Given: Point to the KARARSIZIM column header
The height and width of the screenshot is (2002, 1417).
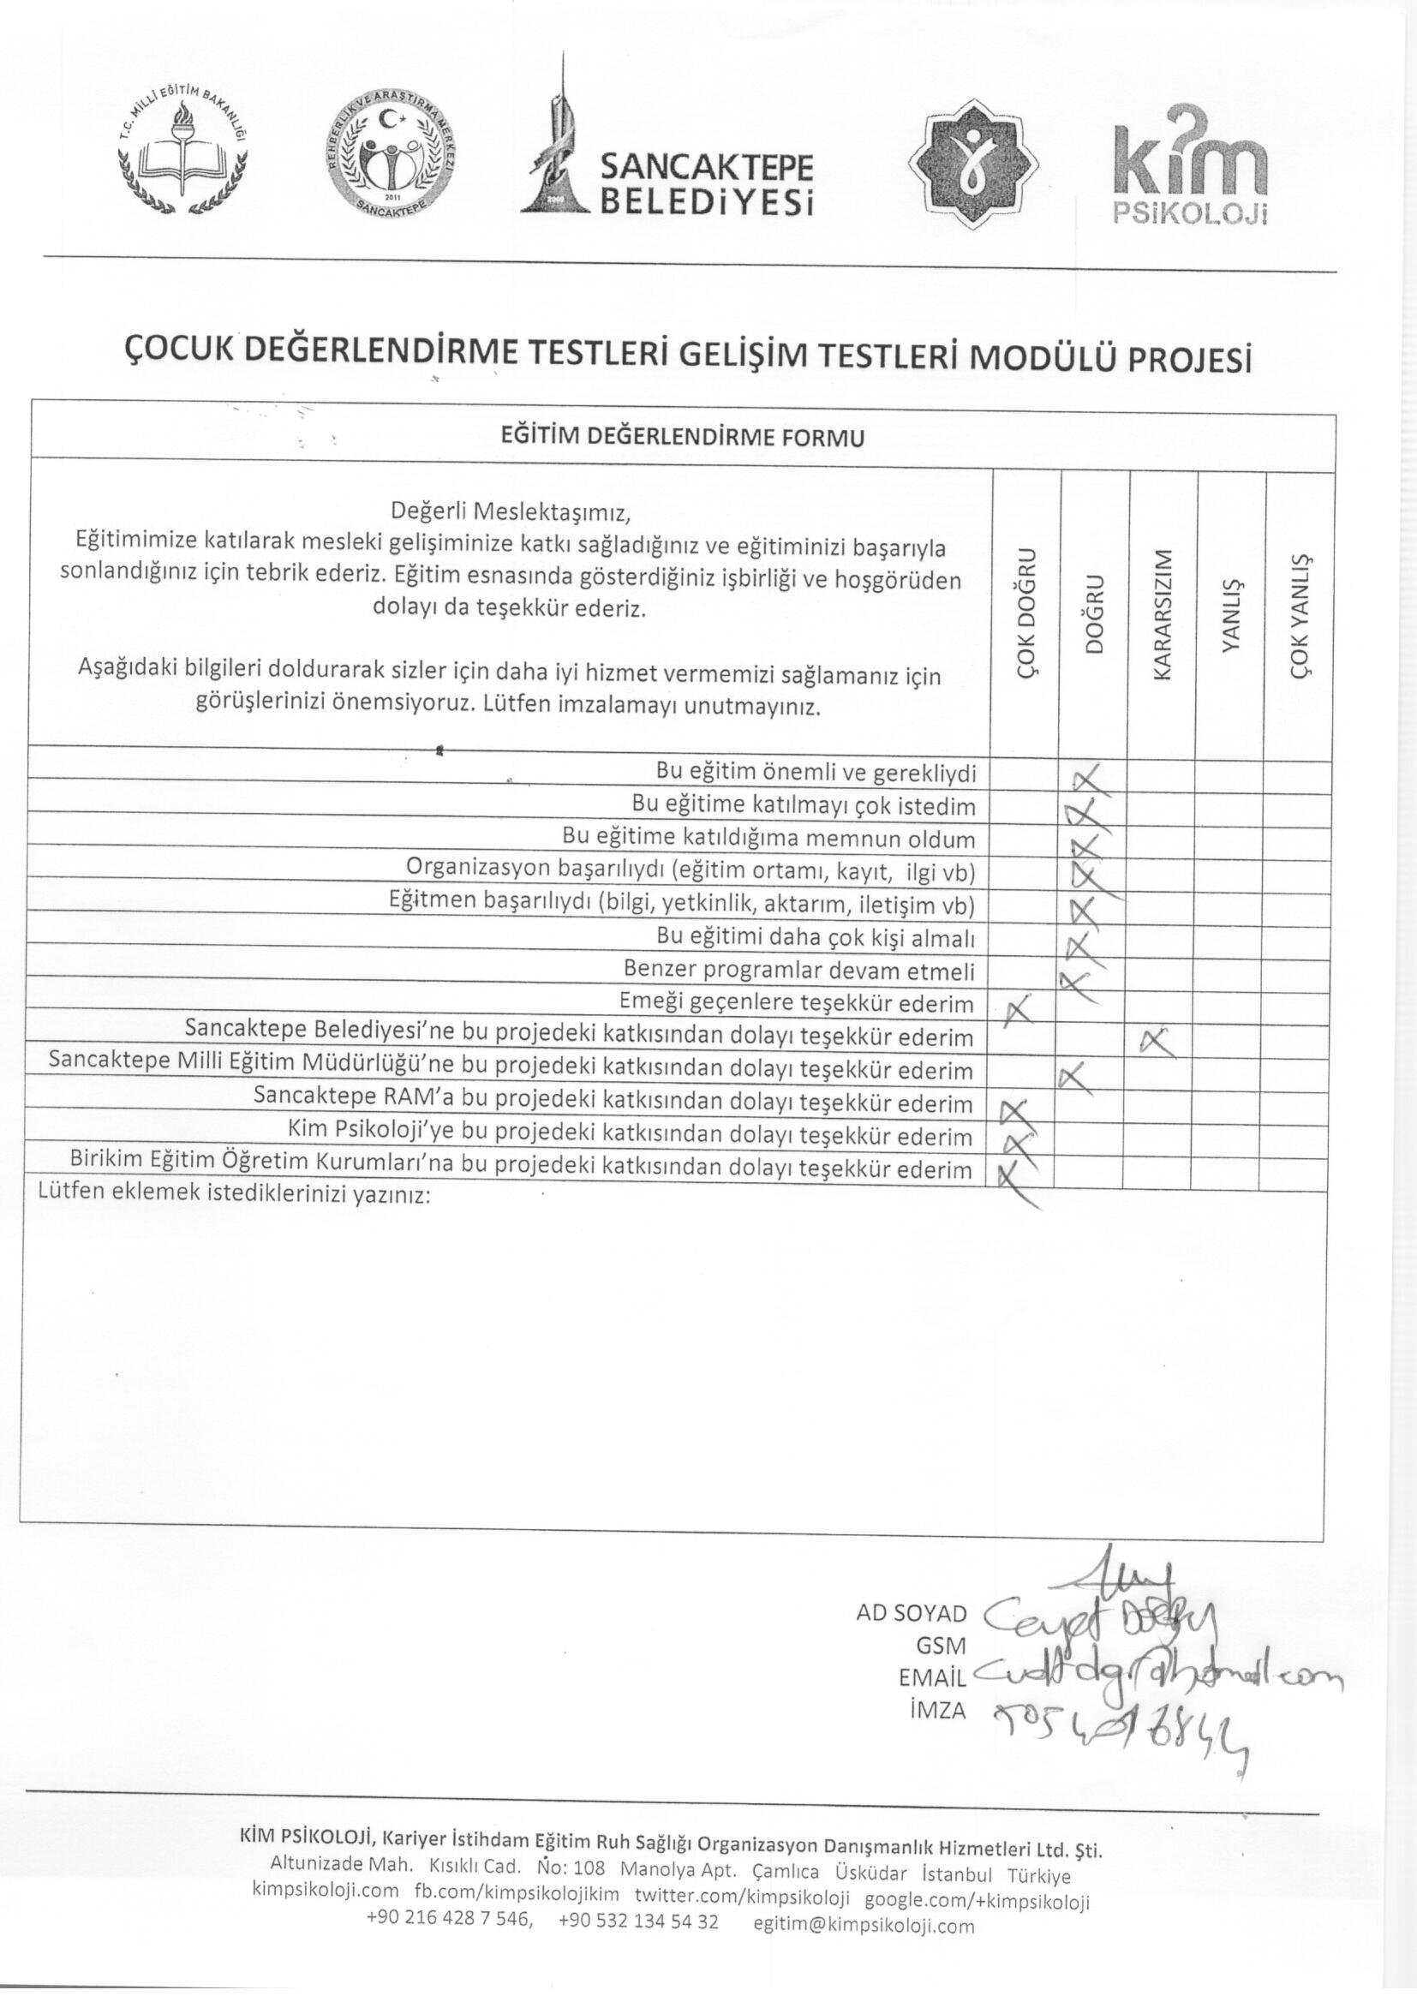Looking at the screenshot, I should point(1163,616).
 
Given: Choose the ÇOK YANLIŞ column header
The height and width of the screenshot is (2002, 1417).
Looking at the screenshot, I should point(1300,616).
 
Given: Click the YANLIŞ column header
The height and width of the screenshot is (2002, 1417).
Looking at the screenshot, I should point(1231,616).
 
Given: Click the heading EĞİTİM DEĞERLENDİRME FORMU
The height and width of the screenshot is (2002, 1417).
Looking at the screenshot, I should point(681,437).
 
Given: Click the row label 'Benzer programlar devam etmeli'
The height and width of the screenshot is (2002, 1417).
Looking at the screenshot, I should point(798,970).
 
